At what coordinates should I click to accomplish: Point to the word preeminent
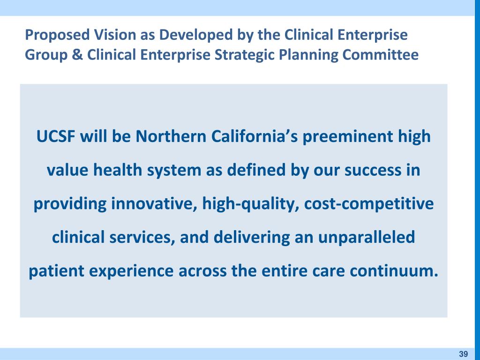347,137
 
